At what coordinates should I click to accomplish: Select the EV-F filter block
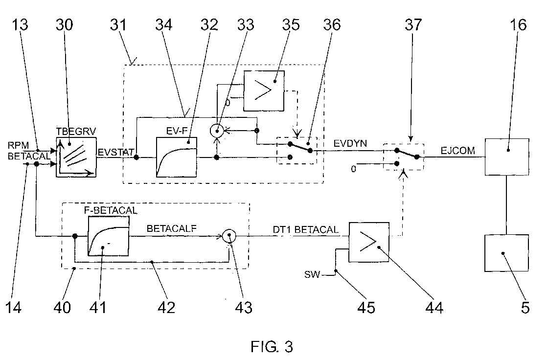[177, 157]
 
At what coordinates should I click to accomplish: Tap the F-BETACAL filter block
[109, 236]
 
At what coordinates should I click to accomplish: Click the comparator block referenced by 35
[264, 91]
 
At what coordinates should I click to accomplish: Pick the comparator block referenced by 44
[369, 242]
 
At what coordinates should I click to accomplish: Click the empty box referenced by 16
[507, 157]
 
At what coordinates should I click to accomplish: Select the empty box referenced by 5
[506, 253]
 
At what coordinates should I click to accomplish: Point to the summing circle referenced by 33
[217, 131]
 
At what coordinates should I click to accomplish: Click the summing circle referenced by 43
[229, 236]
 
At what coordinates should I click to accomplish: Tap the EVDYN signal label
[350, 144]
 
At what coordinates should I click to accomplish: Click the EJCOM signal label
[458, 151]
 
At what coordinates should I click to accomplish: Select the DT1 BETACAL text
[306, 229]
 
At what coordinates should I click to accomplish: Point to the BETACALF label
[172, 228]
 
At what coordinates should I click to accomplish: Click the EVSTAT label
[115, 153]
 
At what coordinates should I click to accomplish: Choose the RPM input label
[18, 145]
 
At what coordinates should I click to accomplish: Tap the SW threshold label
[312, 274]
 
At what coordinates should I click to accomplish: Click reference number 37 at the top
[413, 25]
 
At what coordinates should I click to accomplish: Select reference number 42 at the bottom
[166, 308]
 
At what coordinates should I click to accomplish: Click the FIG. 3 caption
[272, 347]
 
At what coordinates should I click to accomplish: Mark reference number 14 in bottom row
[14, 308]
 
